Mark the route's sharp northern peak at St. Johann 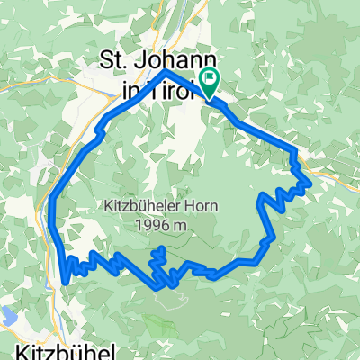(166, 71)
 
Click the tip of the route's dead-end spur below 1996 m (162, 248)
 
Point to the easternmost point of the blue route (310, 183)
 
